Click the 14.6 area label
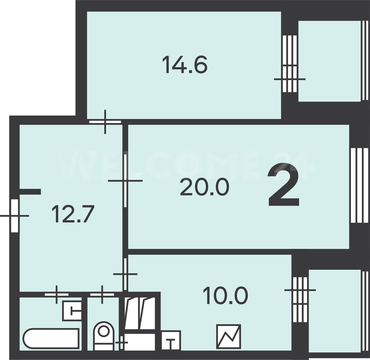(185, 65)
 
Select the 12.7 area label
(73, 214)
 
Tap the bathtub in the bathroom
(51, 338)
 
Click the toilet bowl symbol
(104, 336)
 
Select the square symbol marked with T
(171, 340)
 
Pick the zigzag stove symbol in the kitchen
(228, 336)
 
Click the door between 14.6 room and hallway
(105, 122)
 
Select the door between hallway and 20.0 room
(125, 181)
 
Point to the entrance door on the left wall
(15, 216)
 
